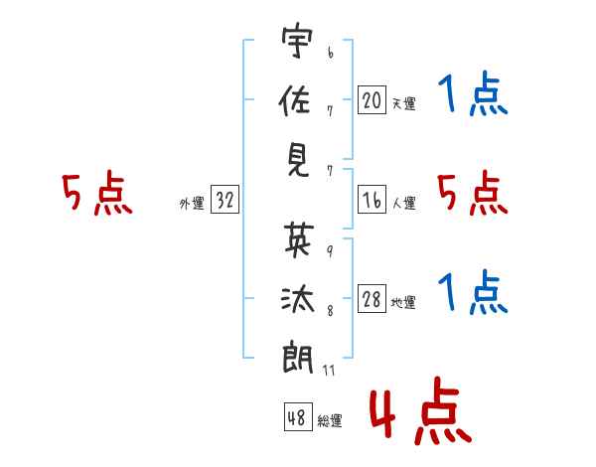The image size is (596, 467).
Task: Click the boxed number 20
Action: tap(372, 100)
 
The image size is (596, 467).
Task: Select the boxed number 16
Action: tap(372, 200)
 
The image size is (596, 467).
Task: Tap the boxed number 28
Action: tap(372, 299)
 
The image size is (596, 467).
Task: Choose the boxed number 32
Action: tap(223, 201)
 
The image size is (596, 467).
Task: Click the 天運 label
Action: tap(403, 103)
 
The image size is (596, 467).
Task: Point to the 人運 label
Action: tap(403, 203)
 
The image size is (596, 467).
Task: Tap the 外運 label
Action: tap(191, 204)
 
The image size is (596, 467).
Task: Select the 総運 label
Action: tap(330, 420)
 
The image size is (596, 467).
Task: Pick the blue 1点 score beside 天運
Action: tap(473, 97)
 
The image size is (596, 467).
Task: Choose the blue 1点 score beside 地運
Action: tap(473, 294)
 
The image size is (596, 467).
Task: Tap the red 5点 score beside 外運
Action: tap(96, 195)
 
